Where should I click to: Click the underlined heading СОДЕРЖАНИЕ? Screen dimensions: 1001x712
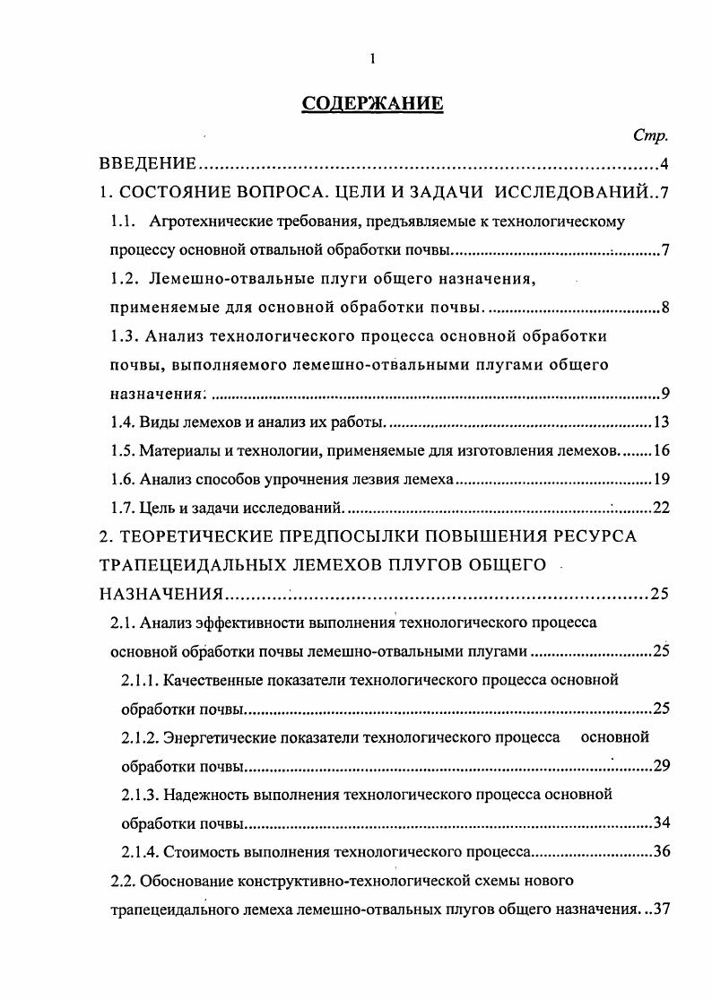pyautogui.click(x=372, y=103)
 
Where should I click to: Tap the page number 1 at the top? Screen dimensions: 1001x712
pyautogui.click(x=372, y=60)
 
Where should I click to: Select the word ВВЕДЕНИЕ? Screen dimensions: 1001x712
pyautogui.click(x=148, y=163)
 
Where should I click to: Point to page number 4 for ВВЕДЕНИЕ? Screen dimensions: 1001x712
pyautogui.click(x=664, y=163)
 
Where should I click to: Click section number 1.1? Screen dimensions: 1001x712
pyautogui.click(x=122, y=221)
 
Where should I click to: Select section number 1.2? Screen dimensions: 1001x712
pyautogui.click(x=125, y=279)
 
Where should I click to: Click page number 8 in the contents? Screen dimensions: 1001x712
pyautogui.click(x=664, y=308)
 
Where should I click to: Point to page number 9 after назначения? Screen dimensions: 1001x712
pyautogui.click(x=664, y=394)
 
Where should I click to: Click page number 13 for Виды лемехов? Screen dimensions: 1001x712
pyautogui.click(x=660, y=422)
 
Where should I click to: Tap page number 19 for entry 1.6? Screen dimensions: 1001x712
pyautogui.click(x=660, y=479)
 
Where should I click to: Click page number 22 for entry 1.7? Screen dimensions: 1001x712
pyautogui.click(x=660, y=508)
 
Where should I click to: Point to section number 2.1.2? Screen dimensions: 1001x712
pyautogui.click(x=141, y=737)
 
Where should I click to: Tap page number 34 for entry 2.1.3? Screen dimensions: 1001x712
pyautogui.click(x=660, y=823)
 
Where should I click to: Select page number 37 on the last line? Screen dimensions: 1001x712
pyautogui.click(x=660, y=909)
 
